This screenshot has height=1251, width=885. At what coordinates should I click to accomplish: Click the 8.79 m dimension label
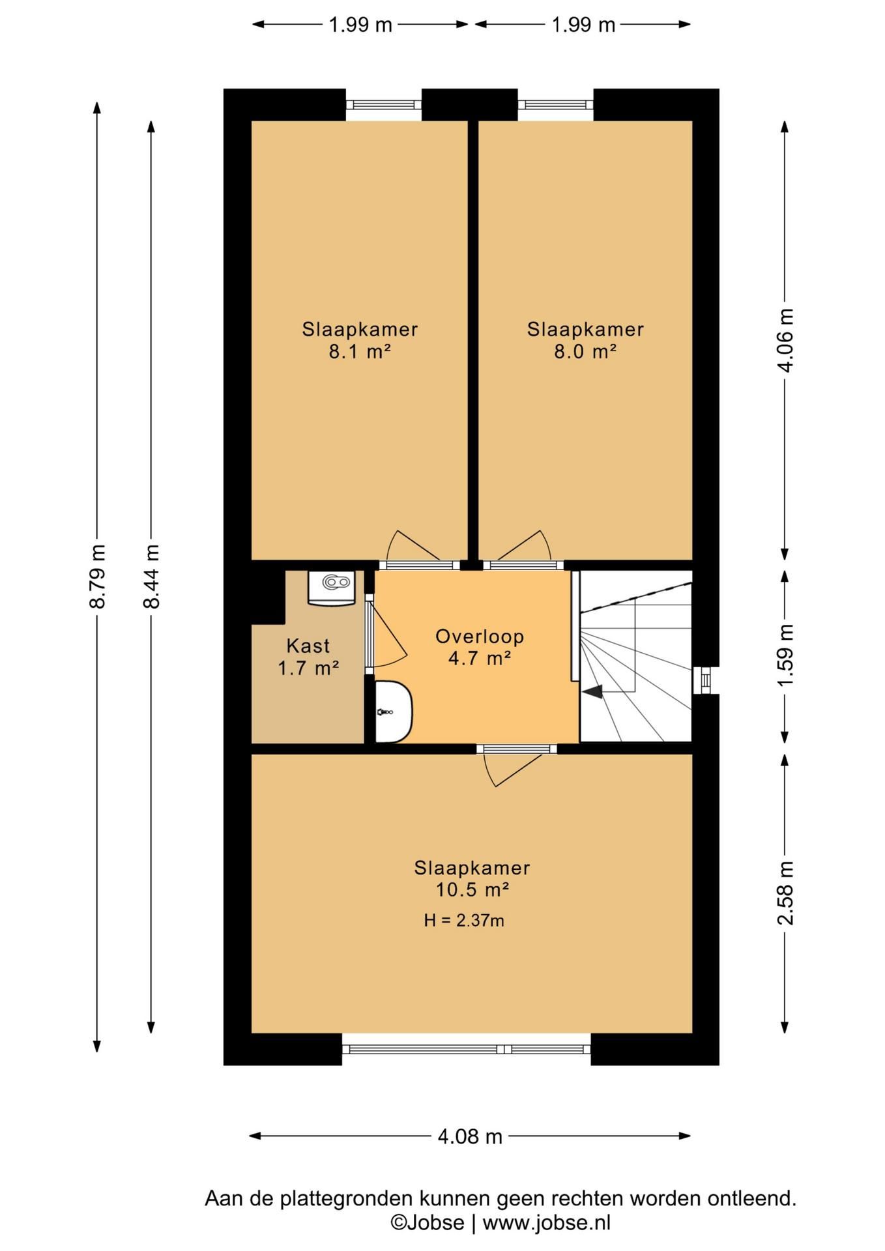tap(97, 576)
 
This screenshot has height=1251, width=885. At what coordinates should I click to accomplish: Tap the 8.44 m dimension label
tap(151, 576)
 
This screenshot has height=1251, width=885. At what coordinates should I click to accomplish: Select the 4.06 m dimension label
tap(786, 340)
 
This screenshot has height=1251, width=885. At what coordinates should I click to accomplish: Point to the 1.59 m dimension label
tap(786, 654)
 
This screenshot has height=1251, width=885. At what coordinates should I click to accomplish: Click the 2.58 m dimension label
tap(786, 893)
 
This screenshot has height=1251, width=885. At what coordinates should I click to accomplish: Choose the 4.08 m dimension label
tap(470, 1136)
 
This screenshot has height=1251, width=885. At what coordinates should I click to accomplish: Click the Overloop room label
tap(480, 636)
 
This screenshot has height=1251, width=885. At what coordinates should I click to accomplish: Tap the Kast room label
tap(308, 646)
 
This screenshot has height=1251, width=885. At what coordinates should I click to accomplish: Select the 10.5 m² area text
tap(472, 889)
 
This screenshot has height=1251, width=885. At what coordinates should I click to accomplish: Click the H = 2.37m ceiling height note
tap(464, 920)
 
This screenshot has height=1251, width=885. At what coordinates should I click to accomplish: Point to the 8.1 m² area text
tap(360, 352)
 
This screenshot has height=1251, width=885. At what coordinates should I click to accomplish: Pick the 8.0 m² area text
tap(585, 352)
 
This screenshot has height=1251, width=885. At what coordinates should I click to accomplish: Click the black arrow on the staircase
tap(592, 693)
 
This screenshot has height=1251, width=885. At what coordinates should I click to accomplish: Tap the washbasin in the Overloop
tap(394, 712)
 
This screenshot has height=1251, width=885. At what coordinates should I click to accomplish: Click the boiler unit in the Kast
tap(332, 587)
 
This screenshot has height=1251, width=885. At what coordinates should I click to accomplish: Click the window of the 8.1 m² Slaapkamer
tap(384, 105)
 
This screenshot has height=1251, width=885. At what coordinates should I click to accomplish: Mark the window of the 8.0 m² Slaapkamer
tap(556, 105)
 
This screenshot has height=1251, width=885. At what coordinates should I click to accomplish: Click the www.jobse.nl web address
tap(547, 1223)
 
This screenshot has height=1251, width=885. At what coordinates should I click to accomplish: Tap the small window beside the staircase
tap(706, 680)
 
